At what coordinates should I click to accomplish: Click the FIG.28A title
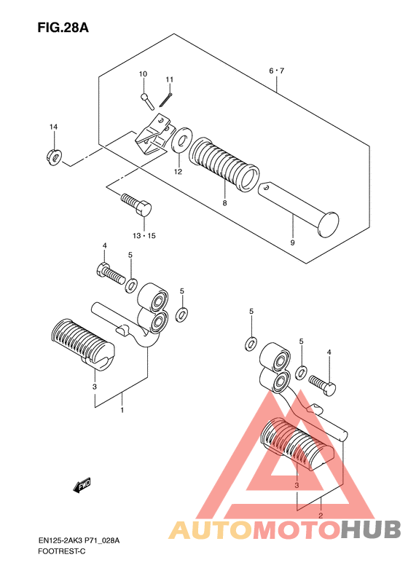pos(63,28)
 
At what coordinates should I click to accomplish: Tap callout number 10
pos(143,74)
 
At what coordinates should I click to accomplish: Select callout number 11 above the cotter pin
pos(170,79)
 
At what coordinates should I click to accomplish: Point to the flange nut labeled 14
pos(55,157)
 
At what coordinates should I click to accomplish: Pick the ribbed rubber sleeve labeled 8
pos(224,164)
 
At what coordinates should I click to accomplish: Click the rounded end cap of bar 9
pos(329,224)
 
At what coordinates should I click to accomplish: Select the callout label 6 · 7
pos(276,71)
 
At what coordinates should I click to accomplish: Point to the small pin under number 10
pos(147,101)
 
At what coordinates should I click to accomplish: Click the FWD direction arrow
pos(82,486)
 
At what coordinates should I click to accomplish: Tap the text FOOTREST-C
pos(62,551)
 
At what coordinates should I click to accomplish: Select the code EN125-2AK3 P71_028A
pos(79,540)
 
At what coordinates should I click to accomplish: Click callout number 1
pos(122,409)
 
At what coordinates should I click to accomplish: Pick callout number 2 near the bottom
pos(321,516)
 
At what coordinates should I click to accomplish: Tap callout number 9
pos(293,242)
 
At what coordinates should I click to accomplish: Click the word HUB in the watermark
pos(370,529)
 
